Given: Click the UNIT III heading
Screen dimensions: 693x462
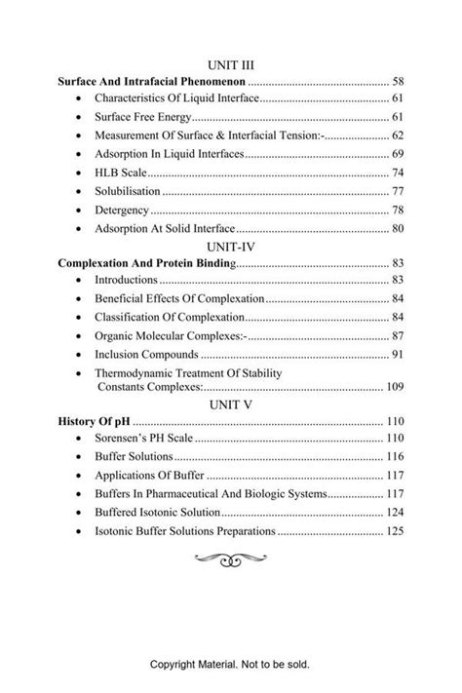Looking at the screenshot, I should (230, 65).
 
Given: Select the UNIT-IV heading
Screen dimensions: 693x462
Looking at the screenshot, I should (230, 247).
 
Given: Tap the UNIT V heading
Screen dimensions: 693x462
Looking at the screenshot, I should (230, 405).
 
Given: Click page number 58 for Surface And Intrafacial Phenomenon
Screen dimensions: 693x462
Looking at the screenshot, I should (396, 81).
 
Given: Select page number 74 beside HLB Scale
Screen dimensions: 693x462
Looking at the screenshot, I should (397, 173).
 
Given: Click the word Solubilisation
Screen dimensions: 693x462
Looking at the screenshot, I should (128, 191).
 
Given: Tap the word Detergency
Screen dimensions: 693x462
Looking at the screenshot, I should (122, 210).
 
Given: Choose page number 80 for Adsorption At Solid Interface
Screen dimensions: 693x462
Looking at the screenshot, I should (397, 228).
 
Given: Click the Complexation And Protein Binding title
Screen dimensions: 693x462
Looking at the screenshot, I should (146, 263).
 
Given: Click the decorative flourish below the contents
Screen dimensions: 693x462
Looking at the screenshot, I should (230, 558).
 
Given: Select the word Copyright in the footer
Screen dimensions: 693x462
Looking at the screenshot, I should (175, 666).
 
